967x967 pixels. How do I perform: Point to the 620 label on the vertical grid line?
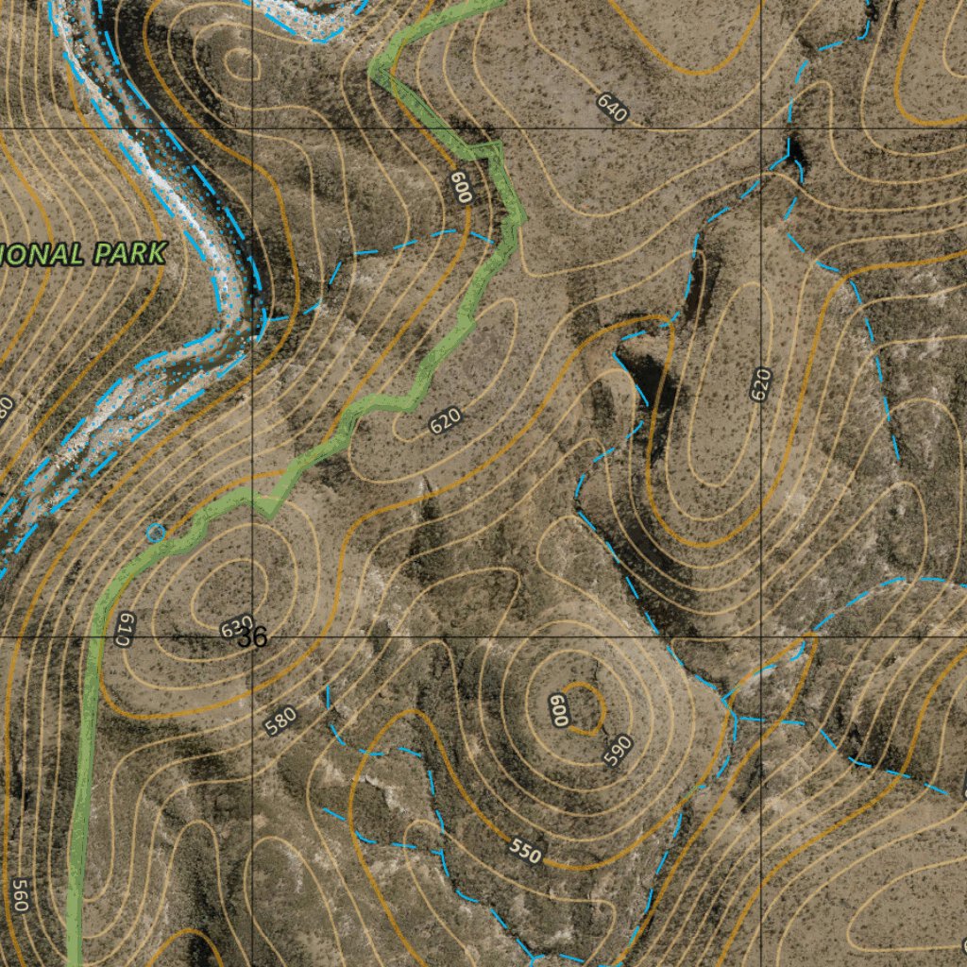pos(761,384)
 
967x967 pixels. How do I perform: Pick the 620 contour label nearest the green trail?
pos(445,421)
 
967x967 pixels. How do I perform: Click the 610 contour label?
pos(123,628)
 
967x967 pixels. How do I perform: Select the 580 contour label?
pos(281,721)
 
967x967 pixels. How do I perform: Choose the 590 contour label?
pos(617,750)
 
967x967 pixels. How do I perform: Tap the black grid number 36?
pos(253,638)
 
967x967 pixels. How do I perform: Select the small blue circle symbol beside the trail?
pos(156,534)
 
